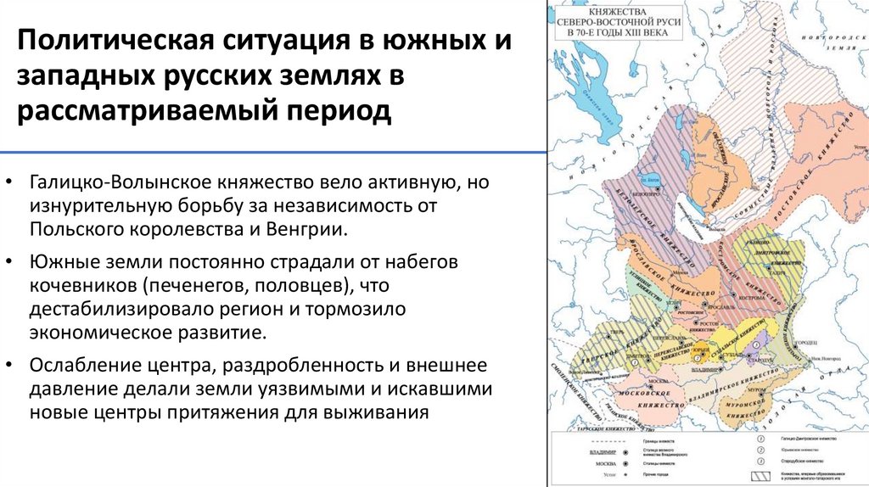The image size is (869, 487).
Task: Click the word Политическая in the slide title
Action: [x=111, y=42]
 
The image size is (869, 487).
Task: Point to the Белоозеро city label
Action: [x=651, y=193]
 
